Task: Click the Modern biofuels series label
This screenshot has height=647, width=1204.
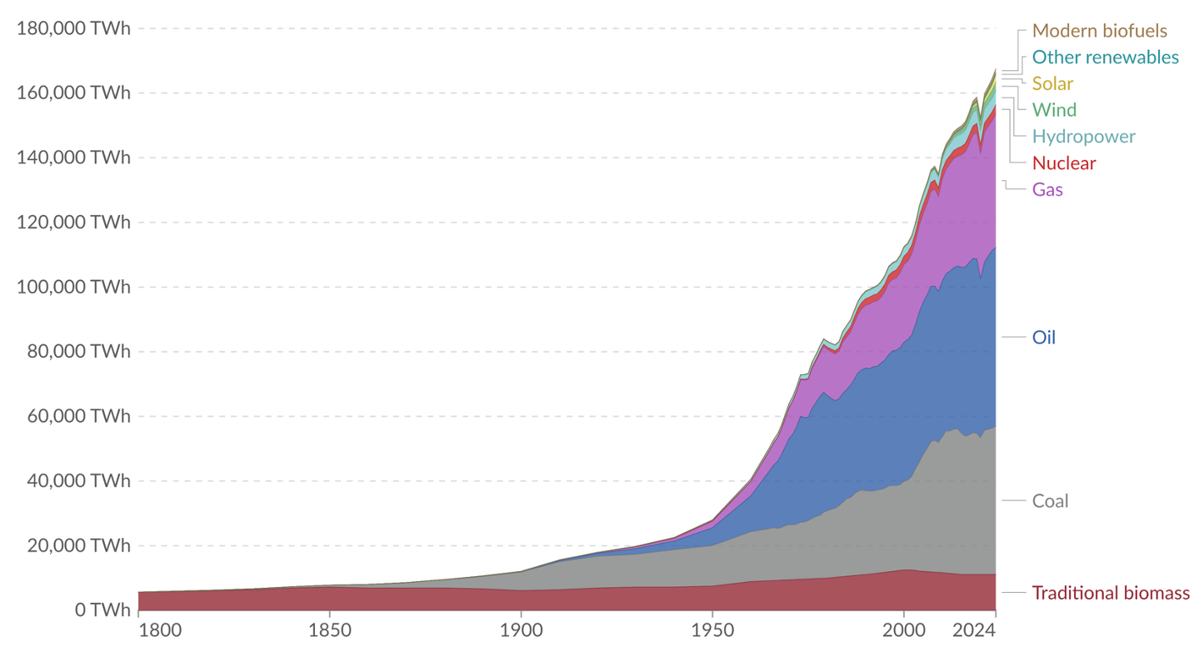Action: (x=1099, y=31)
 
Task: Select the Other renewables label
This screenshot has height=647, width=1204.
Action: (x=1105, y=58)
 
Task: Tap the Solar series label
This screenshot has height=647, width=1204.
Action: (x=1052, y=83)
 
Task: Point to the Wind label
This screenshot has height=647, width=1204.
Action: (x=1054, y=110)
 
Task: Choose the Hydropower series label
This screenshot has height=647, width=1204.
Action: (x=1083, y=136)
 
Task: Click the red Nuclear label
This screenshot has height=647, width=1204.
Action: (x=1064, y=163)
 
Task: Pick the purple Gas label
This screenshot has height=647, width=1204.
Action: (x=1047, y=189)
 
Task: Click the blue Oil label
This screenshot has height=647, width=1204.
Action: (x=1043, y=337)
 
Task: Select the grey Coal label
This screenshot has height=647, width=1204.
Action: (x=1050, y=501)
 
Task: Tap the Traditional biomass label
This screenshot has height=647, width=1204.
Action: (x=1111, y=593)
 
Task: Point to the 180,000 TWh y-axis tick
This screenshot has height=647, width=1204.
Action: (x=74, y=28)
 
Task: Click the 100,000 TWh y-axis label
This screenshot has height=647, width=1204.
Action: (x=74, y=287)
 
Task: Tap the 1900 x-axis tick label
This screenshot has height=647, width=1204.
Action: (x=521, y=630)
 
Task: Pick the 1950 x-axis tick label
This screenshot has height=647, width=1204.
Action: (x=712, y=630)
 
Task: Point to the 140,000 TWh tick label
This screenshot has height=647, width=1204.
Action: (x=74, y=158)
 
